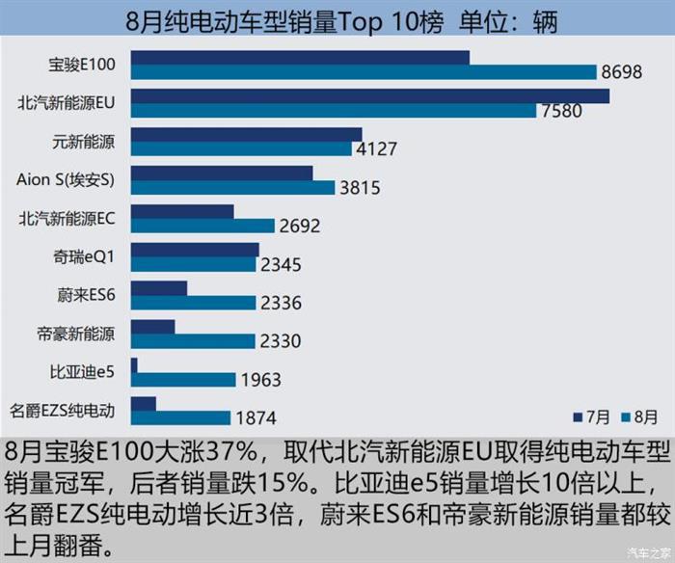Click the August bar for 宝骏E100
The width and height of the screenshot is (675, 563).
(x=364, y=72)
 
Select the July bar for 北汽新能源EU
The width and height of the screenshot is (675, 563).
(x=369, y=95)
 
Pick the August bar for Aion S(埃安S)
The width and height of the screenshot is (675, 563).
(x=232, y=187)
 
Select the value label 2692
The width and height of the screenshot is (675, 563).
(x=299, y=227)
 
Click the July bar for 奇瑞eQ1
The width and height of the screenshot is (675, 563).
(x=195, y=250)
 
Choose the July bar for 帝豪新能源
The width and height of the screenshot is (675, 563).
(x=152, y=327)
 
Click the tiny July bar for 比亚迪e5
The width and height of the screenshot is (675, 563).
(x=134, y=364)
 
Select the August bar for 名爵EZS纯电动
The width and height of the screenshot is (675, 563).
(x=180, y=418)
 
